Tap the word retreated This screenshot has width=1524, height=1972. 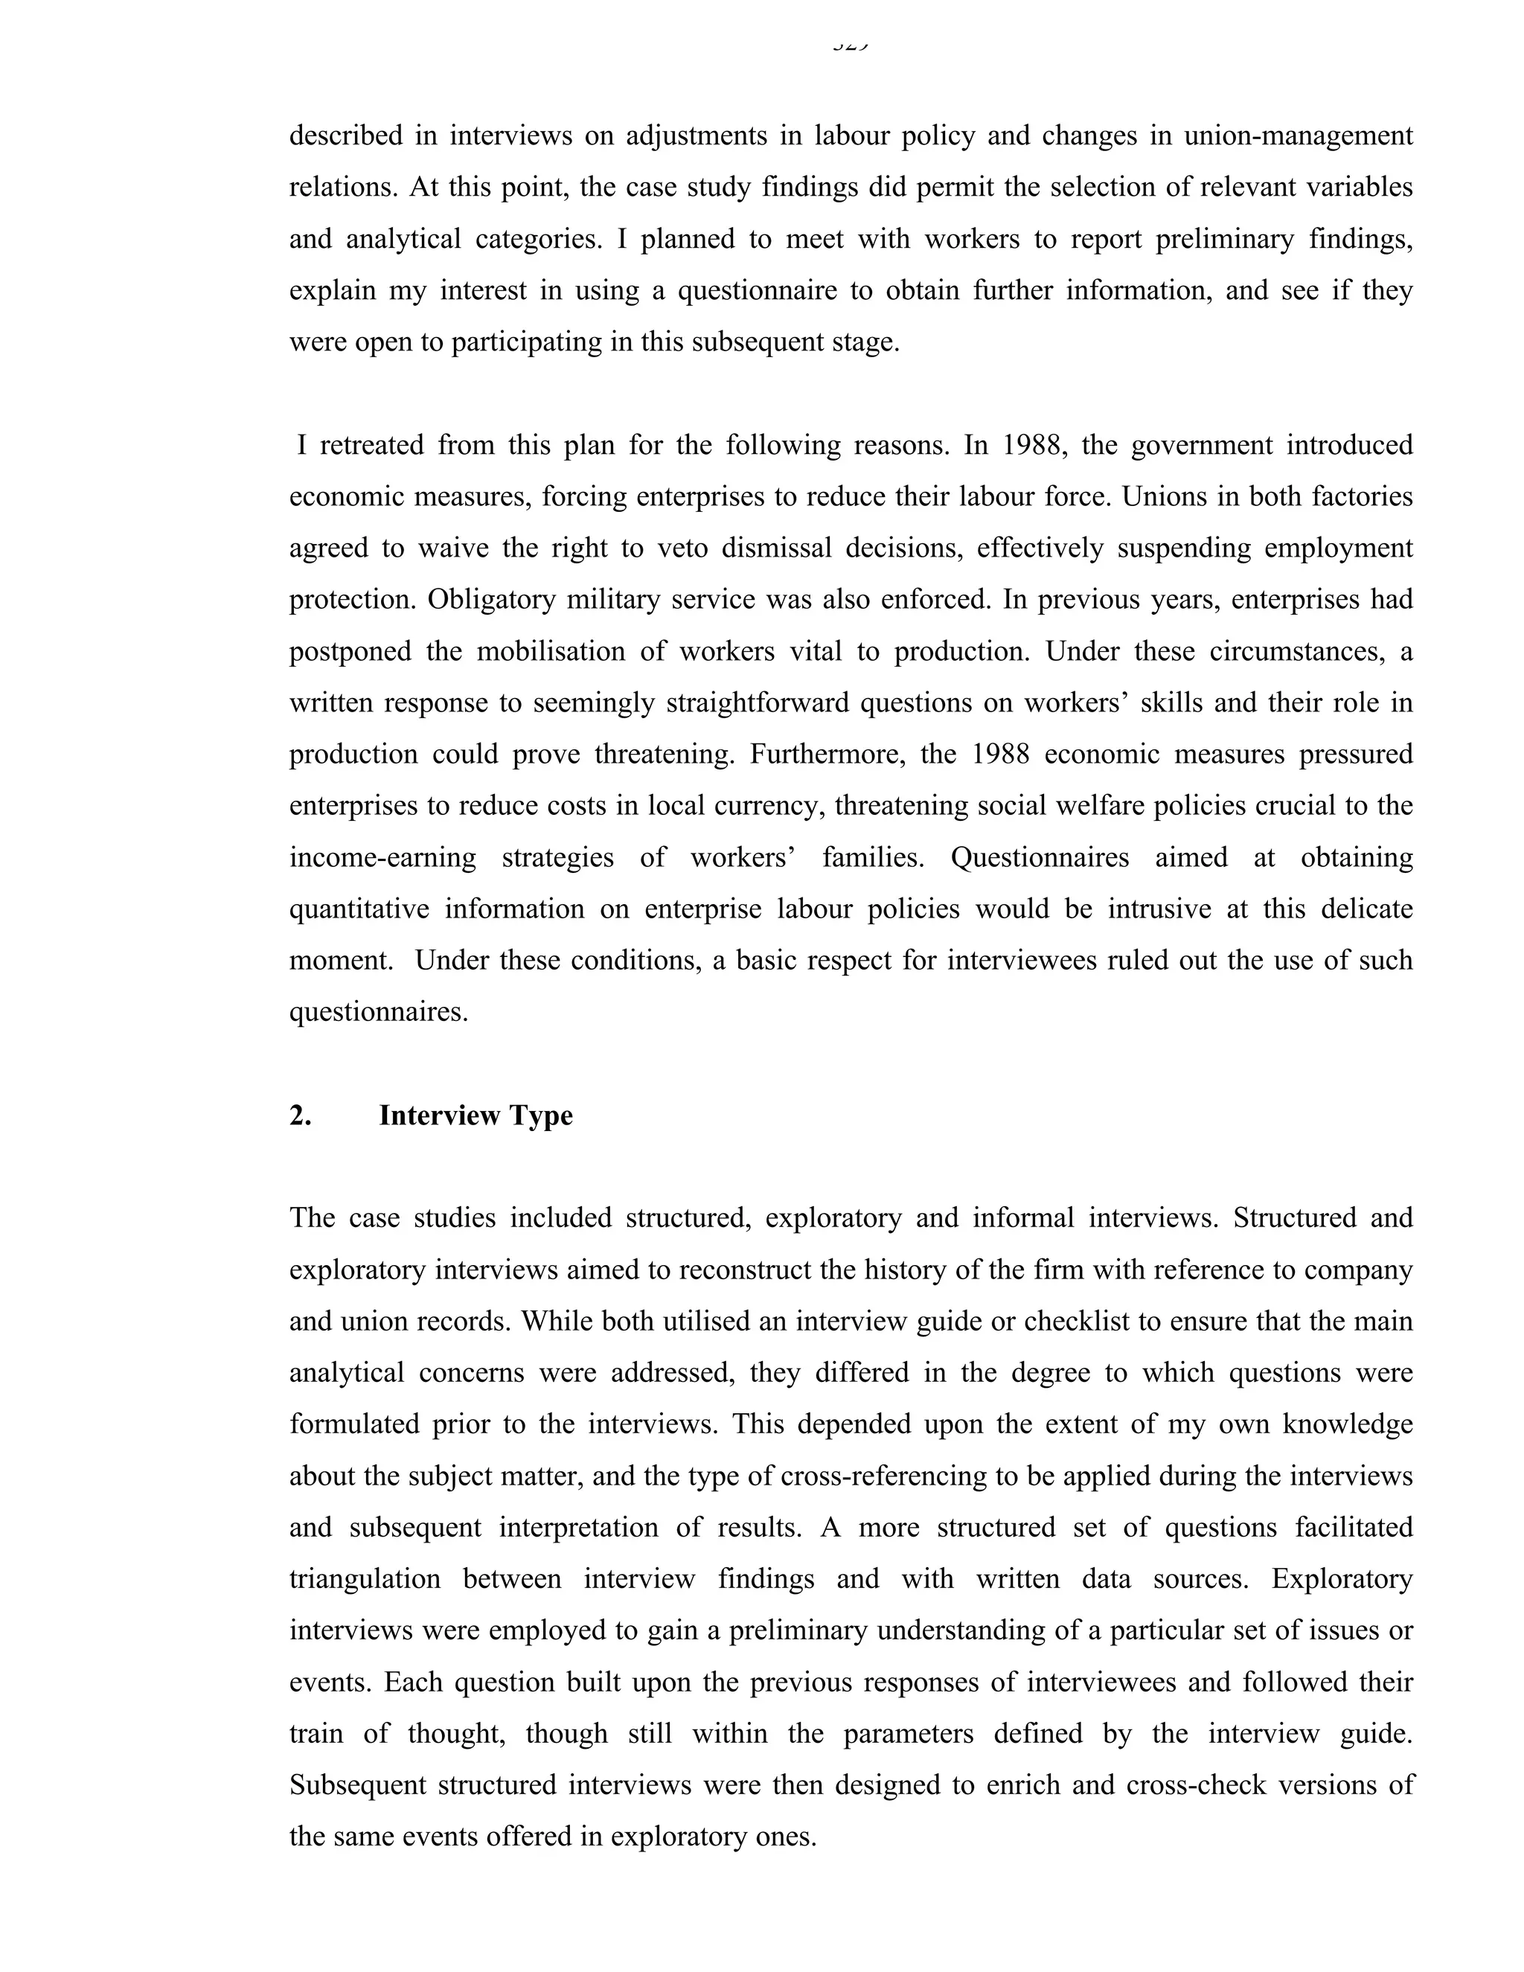[x=371, y=445]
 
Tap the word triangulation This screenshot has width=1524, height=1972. [x=365, y=1579]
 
